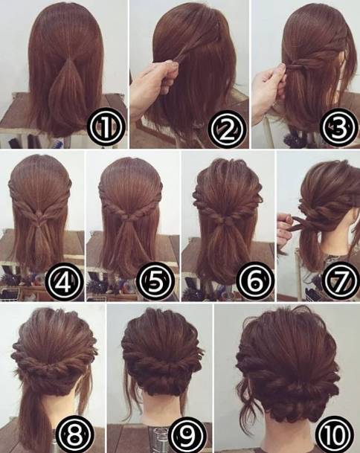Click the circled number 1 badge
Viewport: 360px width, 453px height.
106,128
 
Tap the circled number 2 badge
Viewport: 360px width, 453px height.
226,129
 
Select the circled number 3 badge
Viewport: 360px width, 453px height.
338,127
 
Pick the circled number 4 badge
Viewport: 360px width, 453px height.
64,281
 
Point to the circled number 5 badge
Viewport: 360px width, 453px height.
155,281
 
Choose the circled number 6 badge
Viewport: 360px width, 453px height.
254,281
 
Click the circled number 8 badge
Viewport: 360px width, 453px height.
75,434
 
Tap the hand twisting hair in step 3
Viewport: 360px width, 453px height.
270,87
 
